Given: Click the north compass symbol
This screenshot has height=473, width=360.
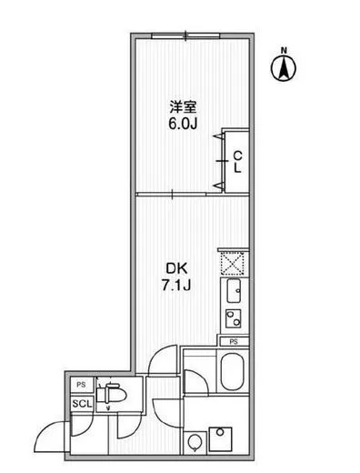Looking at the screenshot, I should [284, 66].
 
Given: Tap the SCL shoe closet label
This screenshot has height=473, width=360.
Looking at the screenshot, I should [80, 404].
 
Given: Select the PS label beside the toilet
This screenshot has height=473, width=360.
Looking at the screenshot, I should [80, 385].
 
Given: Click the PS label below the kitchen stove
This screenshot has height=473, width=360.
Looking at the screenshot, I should [233, 341].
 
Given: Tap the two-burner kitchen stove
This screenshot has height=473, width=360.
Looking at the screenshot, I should [232, 318].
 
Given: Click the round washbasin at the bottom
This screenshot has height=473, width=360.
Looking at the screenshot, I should [195, 444].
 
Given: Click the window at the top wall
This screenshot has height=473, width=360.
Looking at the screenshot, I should [186, 35].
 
